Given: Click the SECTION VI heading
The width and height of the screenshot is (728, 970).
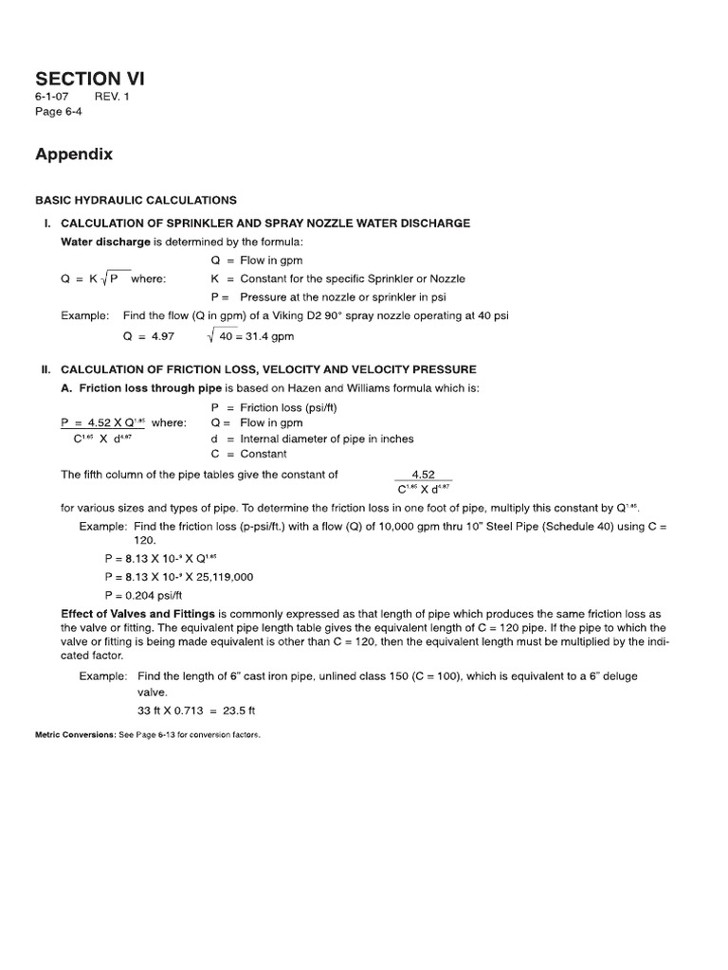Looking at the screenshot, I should pos(90,79).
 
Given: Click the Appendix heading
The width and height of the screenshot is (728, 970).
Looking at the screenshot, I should pos(74,153).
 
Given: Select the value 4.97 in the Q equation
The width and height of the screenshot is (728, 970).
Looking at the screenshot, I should pos(160,336).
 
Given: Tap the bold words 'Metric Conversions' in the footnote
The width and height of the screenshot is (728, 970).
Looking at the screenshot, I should pos(75,735).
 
